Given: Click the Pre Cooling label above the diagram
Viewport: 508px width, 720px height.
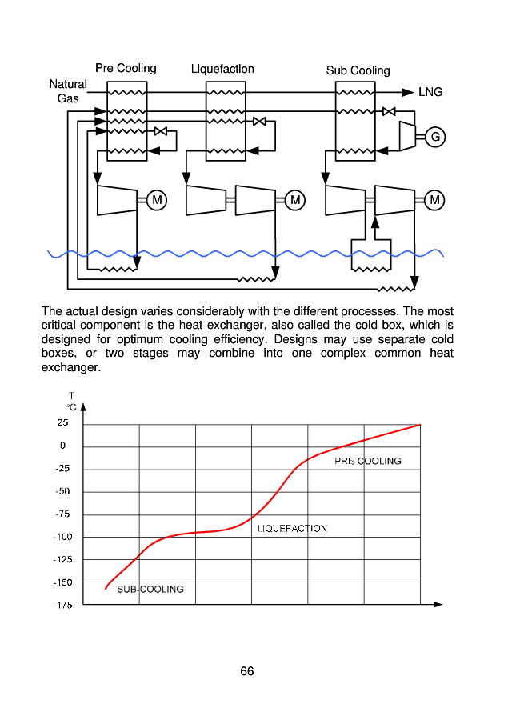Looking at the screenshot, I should tap(126, 68).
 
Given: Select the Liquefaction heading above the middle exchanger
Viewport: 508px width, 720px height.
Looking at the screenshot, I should tap(222, 69).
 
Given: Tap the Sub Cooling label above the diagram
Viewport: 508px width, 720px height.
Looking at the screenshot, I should tap(358, 70).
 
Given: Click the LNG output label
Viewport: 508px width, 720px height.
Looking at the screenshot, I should tap(430, 92).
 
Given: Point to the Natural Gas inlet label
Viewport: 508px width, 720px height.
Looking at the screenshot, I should tap(68, 91).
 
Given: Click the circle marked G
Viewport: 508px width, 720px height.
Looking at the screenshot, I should tap(435, 137).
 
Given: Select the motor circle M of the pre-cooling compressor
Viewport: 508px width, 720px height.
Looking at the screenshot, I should tap(157, 200).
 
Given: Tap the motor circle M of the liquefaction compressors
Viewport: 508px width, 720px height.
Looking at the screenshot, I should tap(295, 200).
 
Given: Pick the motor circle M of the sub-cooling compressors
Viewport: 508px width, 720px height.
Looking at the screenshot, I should tap(435, 200).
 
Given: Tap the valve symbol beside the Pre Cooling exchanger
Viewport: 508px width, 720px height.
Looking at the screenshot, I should tap(161, 130).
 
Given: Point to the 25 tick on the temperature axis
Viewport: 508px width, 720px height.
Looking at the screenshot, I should tap(62, 423).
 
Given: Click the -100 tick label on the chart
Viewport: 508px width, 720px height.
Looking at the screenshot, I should tap(62, 537).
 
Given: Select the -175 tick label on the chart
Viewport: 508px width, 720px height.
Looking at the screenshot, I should tap(62, 605).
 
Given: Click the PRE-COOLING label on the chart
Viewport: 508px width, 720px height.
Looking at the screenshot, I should tap(367, 461).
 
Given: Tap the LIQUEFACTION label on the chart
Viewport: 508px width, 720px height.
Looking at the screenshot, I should tap(292, 529).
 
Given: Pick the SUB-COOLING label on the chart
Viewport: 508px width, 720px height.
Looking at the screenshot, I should tap(150, 590).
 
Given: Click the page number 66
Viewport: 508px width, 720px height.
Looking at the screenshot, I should tap(247, 671).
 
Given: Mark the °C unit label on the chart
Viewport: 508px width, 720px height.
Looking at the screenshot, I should tap(71, 407).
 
